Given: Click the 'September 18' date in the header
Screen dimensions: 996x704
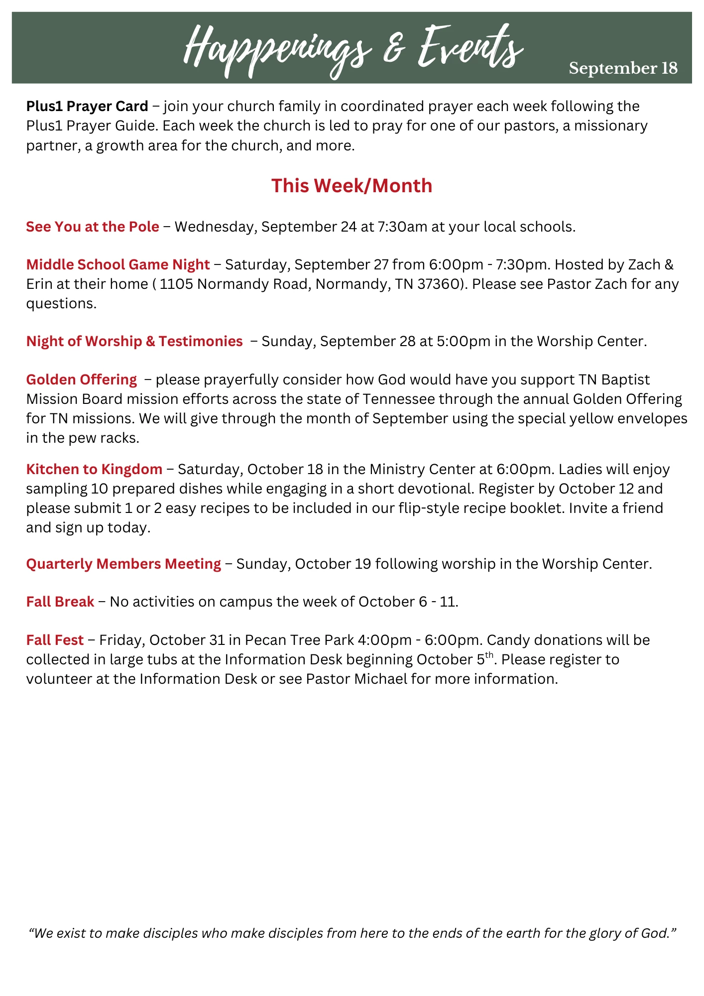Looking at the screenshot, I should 623,68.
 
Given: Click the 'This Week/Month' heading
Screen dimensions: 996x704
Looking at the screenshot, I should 352,186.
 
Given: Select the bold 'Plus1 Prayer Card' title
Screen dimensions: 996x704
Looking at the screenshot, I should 87,106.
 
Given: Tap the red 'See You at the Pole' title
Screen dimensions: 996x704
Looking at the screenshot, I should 93,227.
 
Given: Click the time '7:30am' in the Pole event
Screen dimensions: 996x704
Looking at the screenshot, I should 402,227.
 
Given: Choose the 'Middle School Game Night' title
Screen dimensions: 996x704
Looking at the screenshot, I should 118,264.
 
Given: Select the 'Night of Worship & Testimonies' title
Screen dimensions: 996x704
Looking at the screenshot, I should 134,341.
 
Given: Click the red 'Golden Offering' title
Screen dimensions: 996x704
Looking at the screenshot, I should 81,379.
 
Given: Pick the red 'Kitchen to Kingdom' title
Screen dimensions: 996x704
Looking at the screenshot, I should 94,469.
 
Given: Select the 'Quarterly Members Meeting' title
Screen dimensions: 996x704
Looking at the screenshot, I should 123,564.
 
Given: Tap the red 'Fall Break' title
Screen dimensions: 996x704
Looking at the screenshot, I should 60,602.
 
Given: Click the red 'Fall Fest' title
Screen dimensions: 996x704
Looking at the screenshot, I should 55,640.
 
